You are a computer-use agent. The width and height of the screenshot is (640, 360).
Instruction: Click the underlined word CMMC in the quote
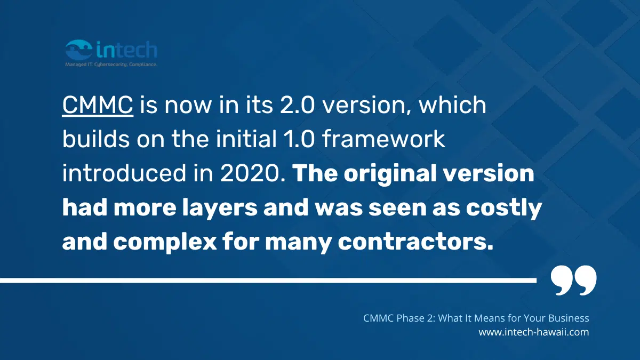coord(98,106)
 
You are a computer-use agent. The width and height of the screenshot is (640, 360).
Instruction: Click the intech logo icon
coord(79,51)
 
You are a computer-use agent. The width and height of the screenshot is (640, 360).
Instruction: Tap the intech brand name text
coord(127,50)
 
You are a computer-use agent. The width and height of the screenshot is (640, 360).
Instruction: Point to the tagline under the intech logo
coord(111,64)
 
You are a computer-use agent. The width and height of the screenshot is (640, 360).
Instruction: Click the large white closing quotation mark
coord(573,281)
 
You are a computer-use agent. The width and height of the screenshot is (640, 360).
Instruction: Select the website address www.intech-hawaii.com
coord(533,332)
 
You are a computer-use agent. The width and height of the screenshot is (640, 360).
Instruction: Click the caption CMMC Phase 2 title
coord(476,318)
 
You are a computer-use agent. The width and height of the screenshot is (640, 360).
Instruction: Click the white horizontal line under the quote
coord(267,279)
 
